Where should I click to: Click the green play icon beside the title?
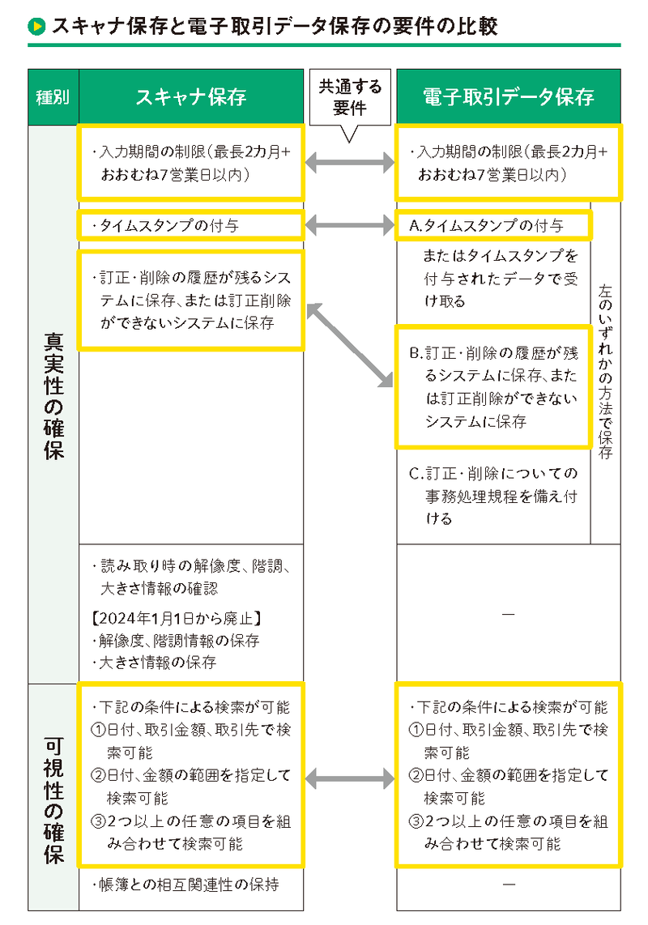[x=36, y=26]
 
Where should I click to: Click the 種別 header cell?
[x=53, y=98]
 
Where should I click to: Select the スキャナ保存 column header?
[x=191, y=98]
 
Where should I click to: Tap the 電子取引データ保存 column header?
[x=508, y=98]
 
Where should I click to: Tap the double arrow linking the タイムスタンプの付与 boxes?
[x=349, y=225]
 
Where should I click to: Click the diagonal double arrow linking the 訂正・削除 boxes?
[x=349, y=344]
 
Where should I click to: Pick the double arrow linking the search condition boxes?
[x=349, y=780]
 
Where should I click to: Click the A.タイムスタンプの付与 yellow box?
[x=493, y=225]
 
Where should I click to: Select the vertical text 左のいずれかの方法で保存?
[x=605, y=370]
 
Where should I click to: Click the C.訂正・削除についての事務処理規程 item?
[x=492, y=496]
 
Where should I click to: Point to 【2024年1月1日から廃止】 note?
[x=175, y=619]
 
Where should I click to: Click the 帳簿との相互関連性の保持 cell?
[x=191, y=885]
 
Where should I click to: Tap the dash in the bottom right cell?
[x=508, y=885]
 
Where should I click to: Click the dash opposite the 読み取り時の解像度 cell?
[x=508, y=613]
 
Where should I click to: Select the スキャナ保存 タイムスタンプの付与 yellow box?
[x=191, y=225]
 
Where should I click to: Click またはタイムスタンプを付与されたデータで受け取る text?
[x=501, y=279]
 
